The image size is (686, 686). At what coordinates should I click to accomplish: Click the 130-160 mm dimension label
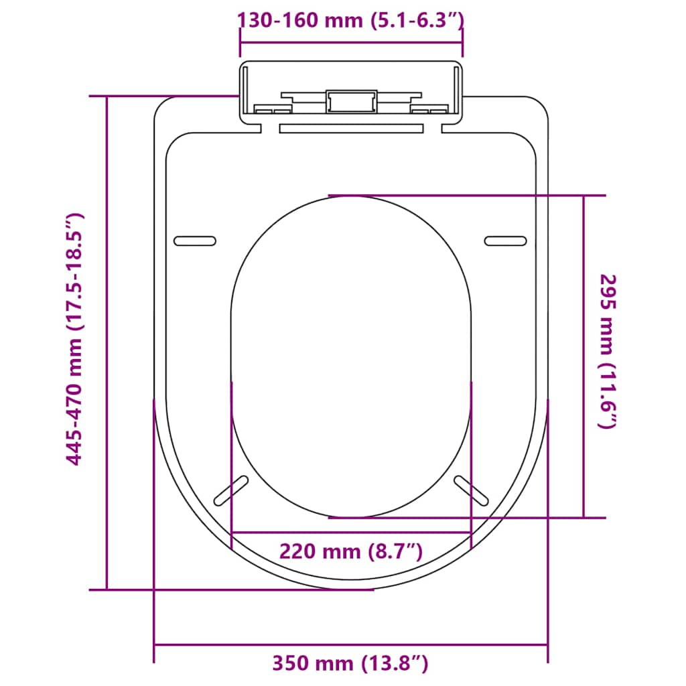351,21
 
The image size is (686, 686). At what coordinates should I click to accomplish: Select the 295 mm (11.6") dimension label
608,351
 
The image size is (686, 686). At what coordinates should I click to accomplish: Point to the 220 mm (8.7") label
351,552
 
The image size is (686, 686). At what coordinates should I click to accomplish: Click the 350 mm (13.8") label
350,663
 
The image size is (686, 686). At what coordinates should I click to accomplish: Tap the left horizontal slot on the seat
195,241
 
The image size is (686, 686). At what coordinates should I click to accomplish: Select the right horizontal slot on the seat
506,241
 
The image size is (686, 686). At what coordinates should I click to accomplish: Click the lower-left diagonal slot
230,490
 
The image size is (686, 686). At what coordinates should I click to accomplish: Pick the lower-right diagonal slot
472,490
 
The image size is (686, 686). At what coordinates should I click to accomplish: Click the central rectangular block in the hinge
351,102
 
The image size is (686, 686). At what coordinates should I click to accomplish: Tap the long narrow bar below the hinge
351,127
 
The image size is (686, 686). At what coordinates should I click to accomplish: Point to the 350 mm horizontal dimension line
351,645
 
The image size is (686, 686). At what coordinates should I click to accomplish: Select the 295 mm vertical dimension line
584,356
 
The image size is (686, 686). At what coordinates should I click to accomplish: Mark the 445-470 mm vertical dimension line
107,343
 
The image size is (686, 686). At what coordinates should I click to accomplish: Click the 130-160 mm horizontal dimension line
351,42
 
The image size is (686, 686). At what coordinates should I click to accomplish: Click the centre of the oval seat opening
351,356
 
